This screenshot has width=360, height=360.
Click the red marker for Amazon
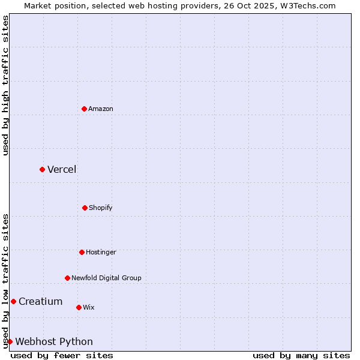tap(84, 109)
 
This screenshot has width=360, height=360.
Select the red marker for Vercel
tap(42, 169)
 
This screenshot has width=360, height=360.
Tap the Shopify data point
tap(85, 208)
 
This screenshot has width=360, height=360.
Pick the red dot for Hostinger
tap(82, 252)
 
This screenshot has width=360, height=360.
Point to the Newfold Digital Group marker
tap(67, 278)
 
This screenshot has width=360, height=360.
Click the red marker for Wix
tap(79, 307)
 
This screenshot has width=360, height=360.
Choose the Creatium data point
tap(13, 301)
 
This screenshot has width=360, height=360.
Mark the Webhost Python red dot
tap(10, 341)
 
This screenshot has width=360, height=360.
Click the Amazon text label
tap(101, 109)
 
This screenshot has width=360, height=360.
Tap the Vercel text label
tap(62, 169)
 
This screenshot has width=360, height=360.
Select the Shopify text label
tap(101, 208)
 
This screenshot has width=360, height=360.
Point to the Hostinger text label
tap(101, 252)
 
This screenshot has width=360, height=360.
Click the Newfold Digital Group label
tap(106, 278)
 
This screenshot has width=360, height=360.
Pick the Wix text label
tap(89, 307)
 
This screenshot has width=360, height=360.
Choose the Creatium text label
tap(40, 301)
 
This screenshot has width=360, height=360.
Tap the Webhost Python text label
tap(54, 341)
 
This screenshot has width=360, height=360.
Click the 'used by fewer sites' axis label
tap(62, 355)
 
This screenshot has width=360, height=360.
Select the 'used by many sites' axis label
tap(301, 355)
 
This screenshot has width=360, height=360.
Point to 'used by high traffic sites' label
tap(5, 85)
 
